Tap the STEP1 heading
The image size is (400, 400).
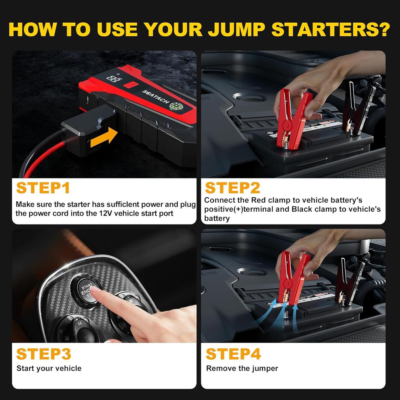click(43, 188)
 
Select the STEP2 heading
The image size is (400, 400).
click(232, 188)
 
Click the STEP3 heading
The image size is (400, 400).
click(44, 354)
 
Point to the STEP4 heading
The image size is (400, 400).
click(233, 354)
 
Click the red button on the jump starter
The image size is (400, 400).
click(131, 84)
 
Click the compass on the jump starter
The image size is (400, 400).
click(176, 106)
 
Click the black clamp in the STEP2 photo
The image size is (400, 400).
click(357, 109)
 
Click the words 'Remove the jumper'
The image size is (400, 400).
click(242, 368)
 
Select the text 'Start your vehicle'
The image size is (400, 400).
click(49, 368)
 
